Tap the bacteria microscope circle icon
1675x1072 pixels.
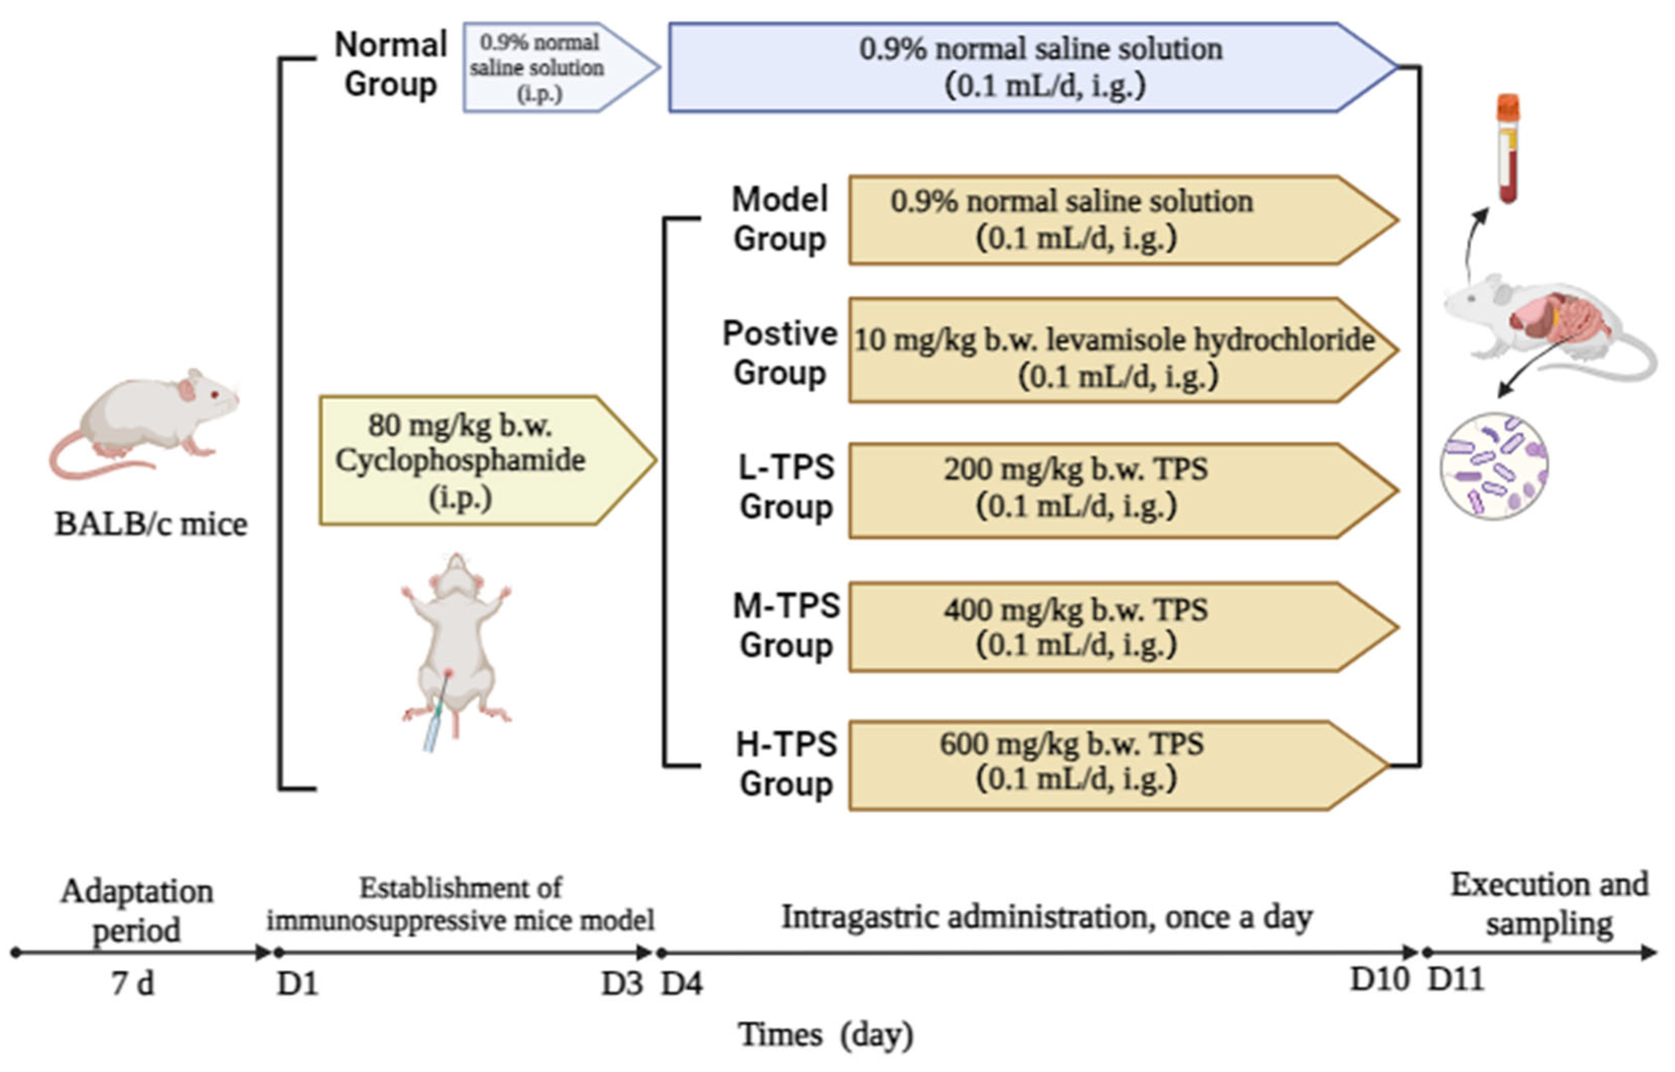pos(1494,466)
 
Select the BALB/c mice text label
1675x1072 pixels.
pos(151,525)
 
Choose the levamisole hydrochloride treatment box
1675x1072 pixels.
pos(1114,350)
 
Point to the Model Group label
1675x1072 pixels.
pos(780,219)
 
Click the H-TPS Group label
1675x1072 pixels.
pos(787,764)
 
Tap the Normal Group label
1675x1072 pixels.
pos(391,64)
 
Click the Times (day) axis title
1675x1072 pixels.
pos(826,1034)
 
